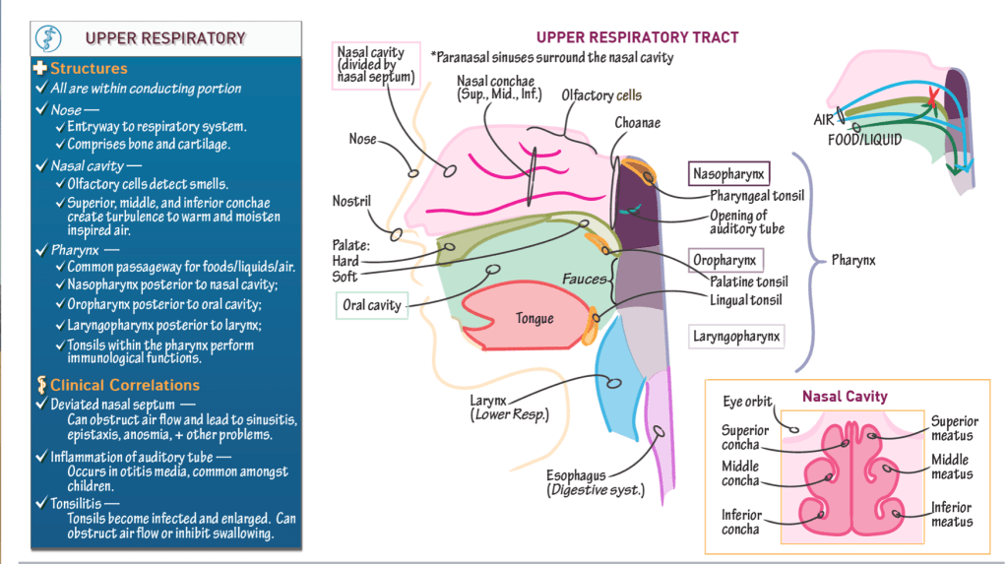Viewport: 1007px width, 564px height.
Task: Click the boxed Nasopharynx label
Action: point(729,174)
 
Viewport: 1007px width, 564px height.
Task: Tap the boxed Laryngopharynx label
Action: point(737,337)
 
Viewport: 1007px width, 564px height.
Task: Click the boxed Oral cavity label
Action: point(371,305)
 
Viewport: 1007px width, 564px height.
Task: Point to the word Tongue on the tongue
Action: point(535,318)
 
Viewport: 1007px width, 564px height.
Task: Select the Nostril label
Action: point(351,202)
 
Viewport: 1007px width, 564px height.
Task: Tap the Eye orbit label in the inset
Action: point(747,402)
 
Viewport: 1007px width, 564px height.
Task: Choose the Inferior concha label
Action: point(740,521)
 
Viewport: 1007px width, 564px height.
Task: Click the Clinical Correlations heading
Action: point(124,385)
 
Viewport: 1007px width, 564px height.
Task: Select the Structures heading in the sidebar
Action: point(89,69)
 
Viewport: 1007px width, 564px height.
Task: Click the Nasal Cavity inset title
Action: point(845,397)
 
